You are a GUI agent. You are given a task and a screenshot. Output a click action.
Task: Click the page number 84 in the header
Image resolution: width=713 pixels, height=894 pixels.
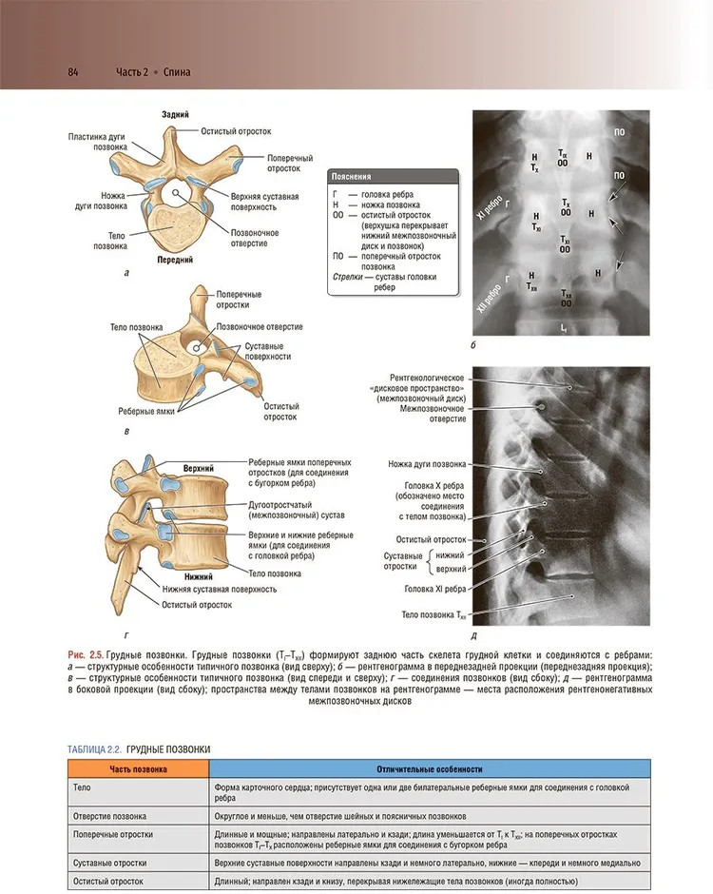coord(73,72)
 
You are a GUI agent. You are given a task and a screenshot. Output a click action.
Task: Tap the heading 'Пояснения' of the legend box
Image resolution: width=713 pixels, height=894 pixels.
coord(351,177)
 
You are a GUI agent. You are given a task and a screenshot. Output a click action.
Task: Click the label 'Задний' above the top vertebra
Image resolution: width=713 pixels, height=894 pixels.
coord(175,114)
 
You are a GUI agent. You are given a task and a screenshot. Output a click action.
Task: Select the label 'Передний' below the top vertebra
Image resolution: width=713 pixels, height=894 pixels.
coord(175,260)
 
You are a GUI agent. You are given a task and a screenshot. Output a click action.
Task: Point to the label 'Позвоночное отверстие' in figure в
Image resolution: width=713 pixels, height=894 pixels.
coord(260,327)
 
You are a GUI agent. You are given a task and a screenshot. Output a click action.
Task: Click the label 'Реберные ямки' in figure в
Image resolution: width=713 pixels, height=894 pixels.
coord(146,411)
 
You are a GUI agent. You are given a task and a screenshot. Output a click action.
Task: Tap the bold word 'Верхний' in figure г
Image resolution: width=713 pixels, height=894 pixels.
coord(199,468)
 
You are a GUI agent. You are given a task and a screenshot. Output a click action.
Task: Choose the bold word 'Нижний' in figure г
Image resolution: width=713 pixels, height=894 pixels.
coord(199,576)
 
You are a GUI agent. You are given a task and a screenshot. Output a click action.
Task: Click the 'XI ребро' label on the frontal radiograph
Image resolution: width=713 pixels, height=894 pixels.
coord(489,207)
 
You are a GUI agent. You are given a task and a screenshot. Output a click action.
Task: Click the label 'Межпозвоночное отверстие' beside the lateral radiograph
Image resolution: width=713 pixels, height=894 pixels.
coord(433,414)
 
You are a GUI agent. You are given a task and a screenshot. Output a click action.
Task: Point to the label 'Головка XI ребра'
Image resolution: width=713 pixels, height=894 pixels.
coord(434,589)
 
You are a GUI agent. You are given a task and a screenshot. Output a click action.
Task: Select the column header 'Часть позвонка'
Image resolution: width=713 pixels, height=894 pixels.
coord(138,769)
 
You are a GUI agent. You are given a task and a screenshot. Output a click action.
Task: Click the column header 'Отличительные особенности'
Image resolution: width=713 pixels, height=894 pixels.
coord(429,769)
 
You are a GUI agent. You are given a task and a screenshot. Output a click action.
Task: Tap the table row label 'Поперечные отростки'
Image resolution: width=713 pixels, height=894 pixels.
coord(113,834)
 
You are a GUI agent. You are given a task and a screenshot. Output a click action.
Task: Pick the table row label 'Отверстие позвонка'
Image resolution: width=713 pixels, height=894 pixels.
coord(109,816)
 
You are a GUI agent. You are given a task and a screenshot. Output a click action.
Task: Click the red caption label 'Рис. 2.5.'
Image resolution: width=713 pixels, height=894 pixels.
coord(86,655)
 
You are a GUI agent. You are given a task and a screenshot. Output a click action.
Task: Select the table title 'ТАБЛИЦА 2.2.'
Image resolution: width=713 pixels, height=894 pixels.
coord(95,749)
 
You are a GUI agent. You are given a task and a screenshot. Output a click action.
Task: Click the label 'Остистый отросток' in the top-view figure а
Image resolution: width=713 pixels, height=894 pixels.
coord(236,131)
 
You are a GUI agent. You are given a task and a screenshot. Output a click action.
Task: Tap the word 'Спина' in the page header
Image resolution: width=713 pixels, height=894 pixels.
coord(177,72)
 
